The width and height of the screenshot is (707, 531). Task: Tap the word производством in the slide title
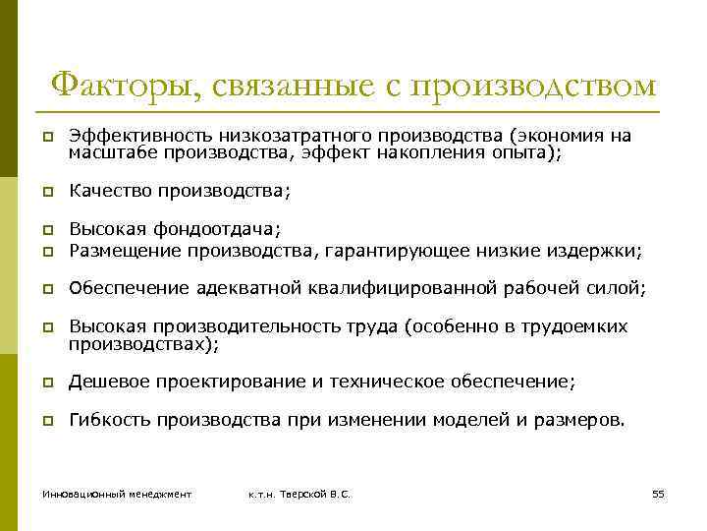(534, 87)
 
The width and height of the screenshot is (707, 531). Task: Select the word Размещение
(118, 251)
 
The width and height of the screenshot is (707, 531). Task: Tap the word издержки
(599, 251)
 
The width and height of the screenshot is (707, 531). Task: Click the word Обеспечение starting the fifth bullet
(128, 288)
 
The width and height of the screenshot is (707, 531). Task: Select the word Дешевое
(107, 381)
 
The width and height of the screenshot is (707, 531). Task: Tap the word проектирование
(228, 381)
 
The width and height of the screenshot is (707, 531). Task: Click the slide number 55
(658, 493)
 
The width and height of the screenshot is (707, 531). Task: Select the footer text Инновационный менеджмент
(116, 493)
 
